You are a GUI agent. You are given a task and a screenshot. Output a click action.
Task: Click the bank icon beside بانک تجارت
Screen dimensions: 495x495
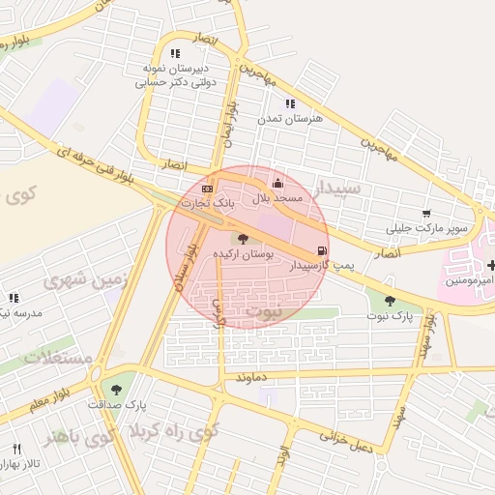[x=208, y=188]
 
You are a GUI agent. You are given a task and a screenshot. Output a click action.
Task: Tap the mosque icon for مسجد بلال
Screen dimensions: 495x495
[x=277, y=183]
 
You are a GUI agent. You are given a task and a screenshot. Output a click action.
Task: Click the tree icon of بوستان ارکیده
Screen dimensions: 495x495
[x=242, y=238]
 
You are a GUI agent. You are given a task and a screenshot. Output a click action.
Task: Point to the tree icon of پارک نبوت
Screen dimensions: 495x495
[x=390, y=301]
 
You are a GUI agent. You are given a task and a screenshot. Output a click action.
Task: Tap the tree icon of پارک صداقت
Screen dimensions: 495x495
[x=116, y=390]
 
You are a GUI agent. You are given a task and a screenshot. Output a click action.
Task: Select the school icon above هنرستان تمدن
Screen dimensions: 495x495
[x=289, y=102]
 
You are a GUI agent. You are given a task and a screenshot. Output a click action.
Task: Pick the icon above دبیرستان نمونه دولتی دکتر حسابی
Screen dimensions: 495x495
[x=174, y=54]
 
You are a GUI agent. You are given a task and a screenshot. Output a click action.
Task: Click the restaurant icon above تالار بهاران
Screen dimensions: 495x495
[x=16, y=449]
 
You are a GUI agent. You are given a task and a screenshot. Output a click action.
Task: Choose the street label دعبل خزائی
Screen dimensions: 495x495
[x=349, y=442]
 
